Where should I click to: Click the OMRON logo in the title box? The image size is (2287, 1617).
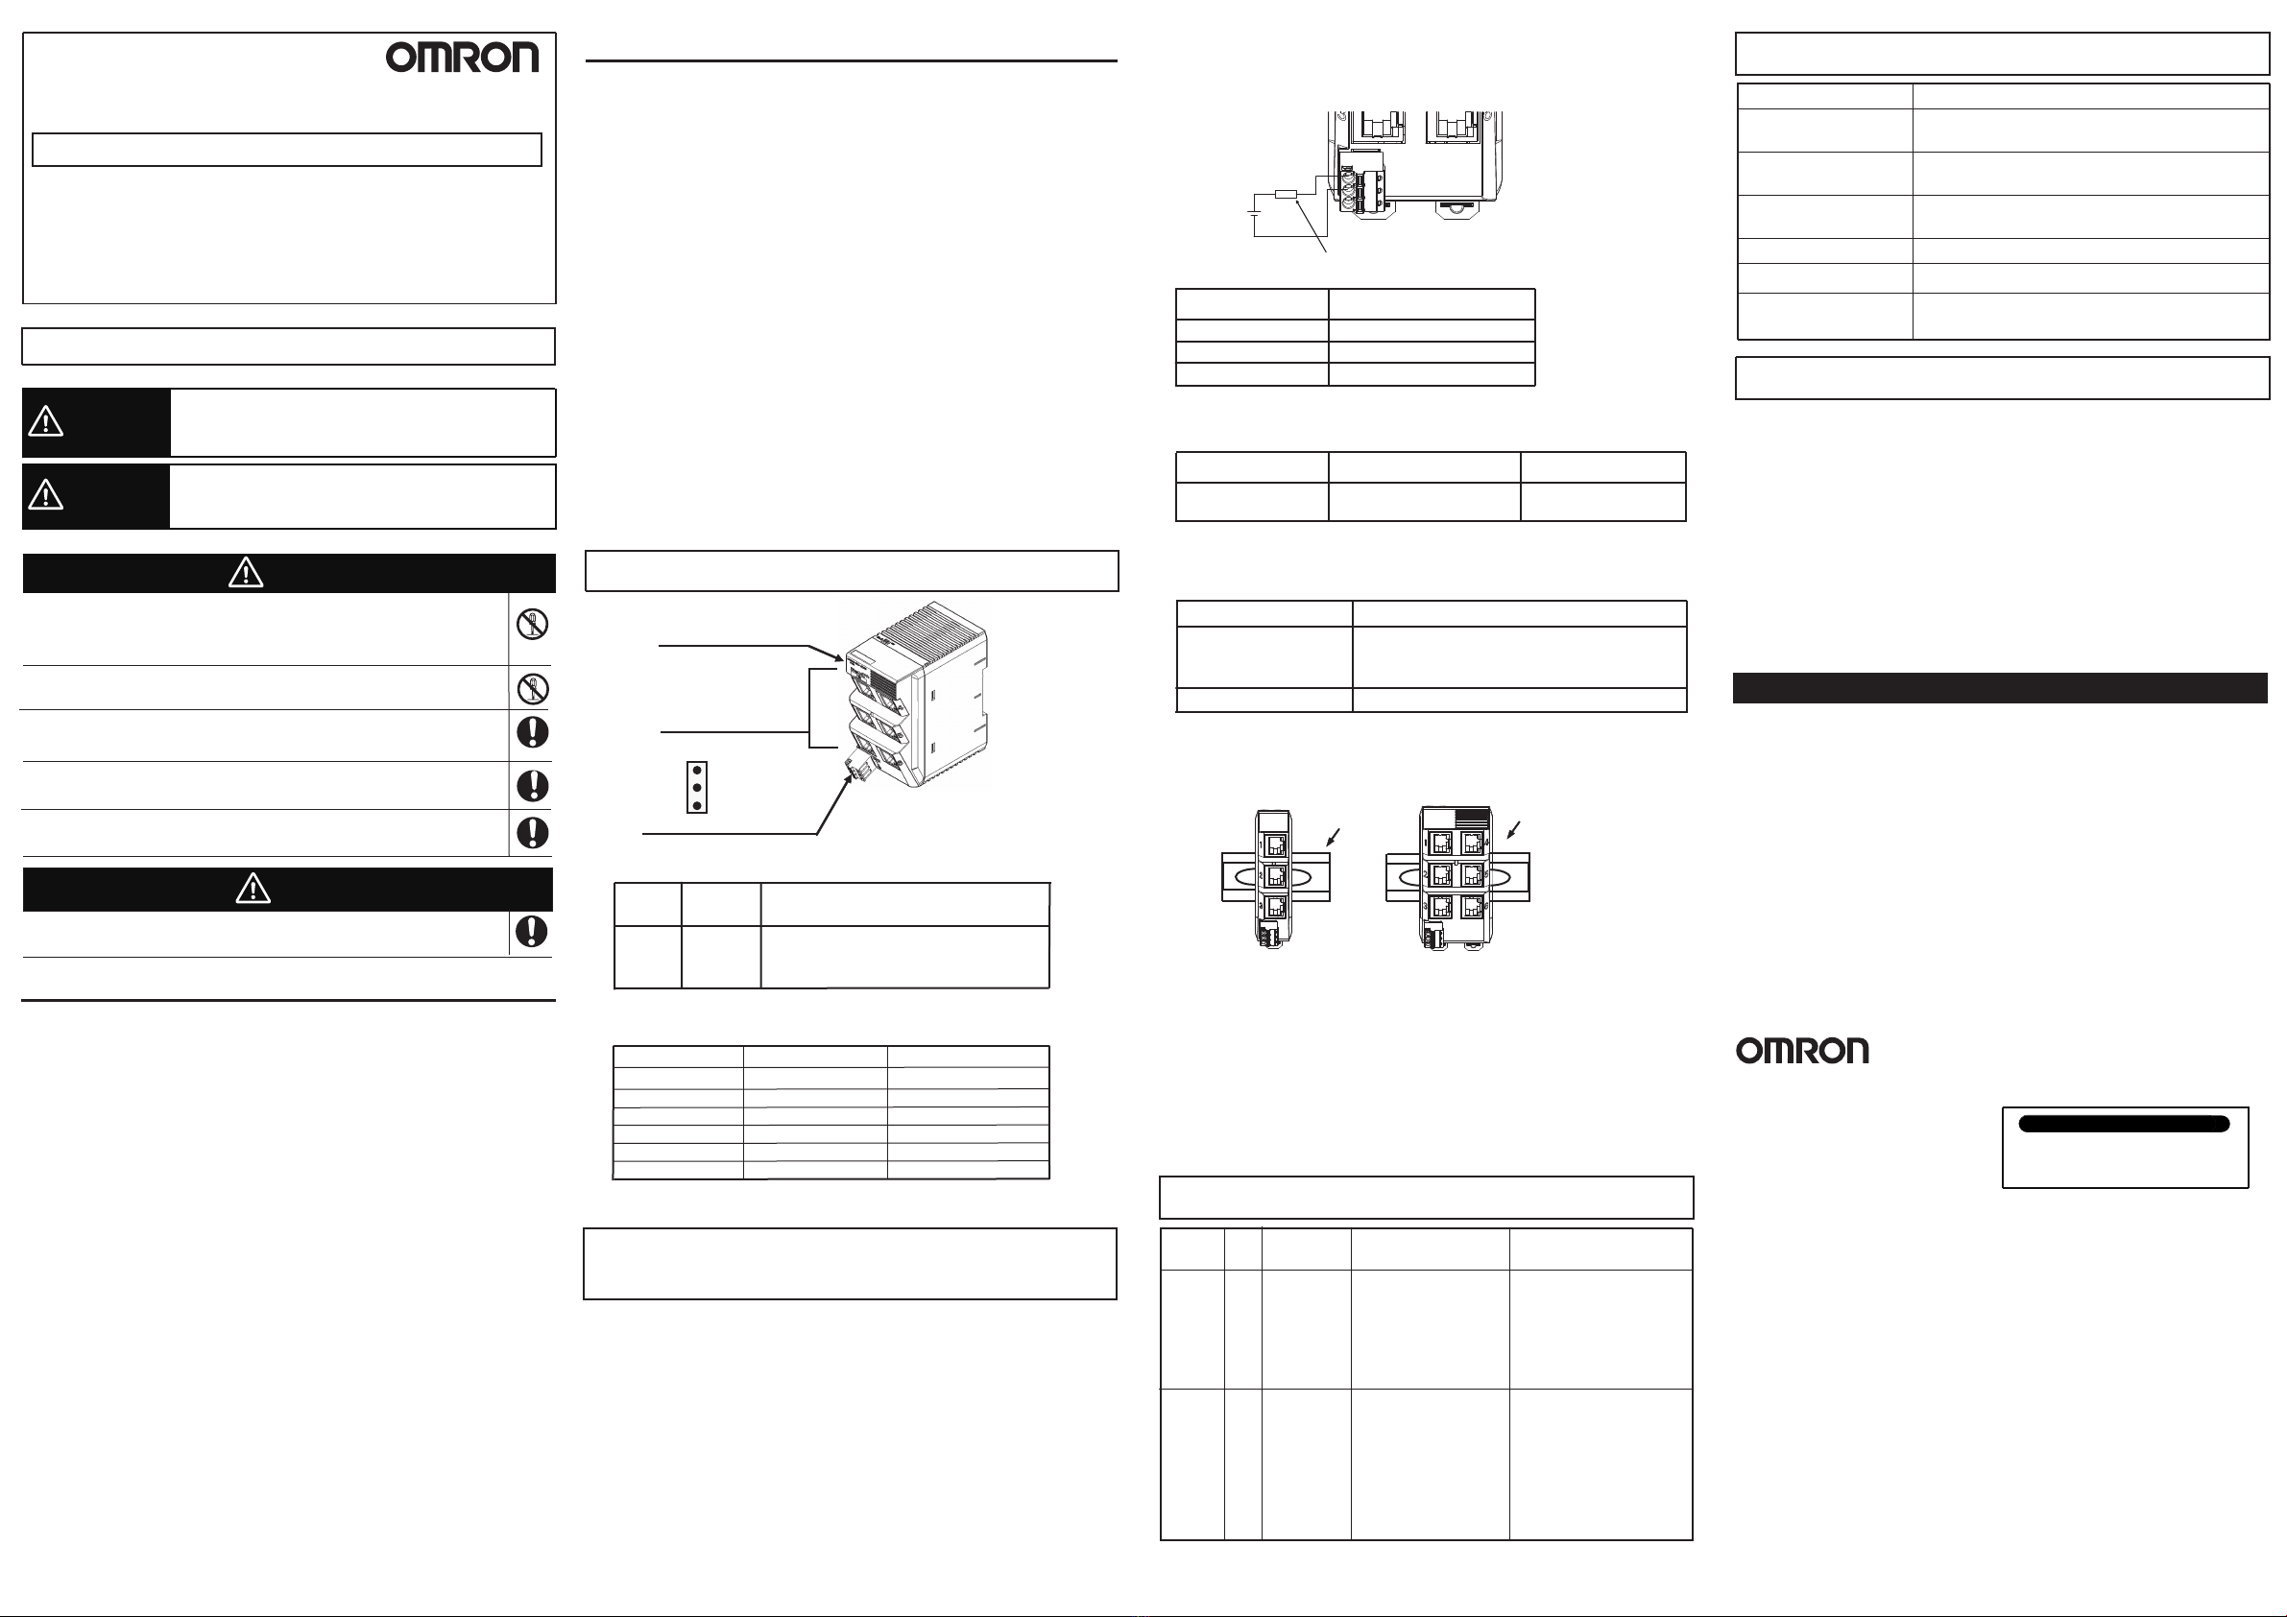point(462,57)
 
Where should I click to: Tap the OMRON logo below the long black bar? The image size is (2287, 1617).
point(1802,1051)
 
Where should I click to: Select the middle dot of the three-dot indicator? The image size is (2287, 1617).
point(697,788)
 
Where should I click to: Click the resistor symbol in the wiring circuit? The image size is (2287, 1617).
point(1285,193)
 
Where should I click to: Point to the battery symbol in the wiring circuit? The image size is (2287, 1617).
point(1254,211)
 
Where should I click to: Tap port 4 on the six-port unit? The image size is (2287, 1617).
point(1472,844)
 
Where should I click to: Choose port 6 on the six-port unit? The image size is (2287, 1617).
point(1472,908)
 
